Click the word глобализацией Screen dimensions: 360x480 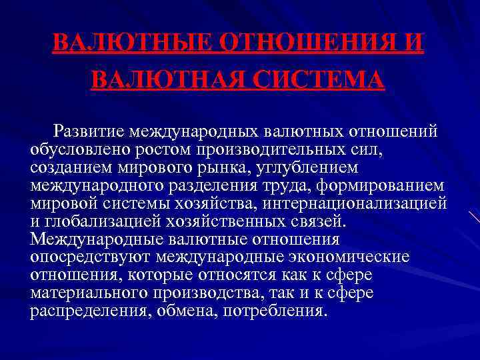coord(99,221)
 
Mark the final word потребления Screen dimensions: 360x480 coord(277,311)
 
